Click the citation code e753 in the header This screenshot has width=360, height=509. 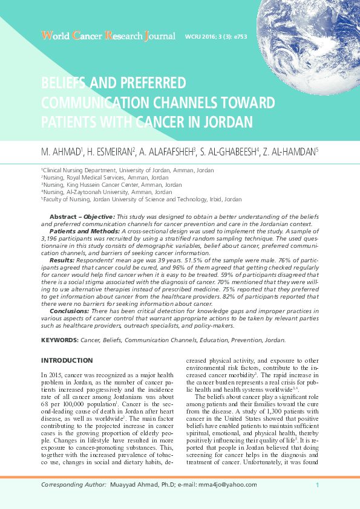(238, 37)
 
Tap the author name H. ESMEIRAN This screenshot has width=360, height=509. (109, 152)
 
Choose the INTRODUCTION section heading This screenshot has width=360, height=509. (67, 360)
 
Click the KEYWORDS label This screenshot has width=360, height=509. (59, 340)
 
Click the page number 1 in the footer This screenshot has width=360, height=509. (317, 485)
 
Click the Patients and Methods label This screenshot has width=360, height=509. (84, 231)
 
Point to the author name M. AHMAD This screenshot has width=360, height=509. (61, 152)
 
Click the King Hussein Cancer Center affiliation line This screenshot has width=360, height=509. (111, 185)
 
